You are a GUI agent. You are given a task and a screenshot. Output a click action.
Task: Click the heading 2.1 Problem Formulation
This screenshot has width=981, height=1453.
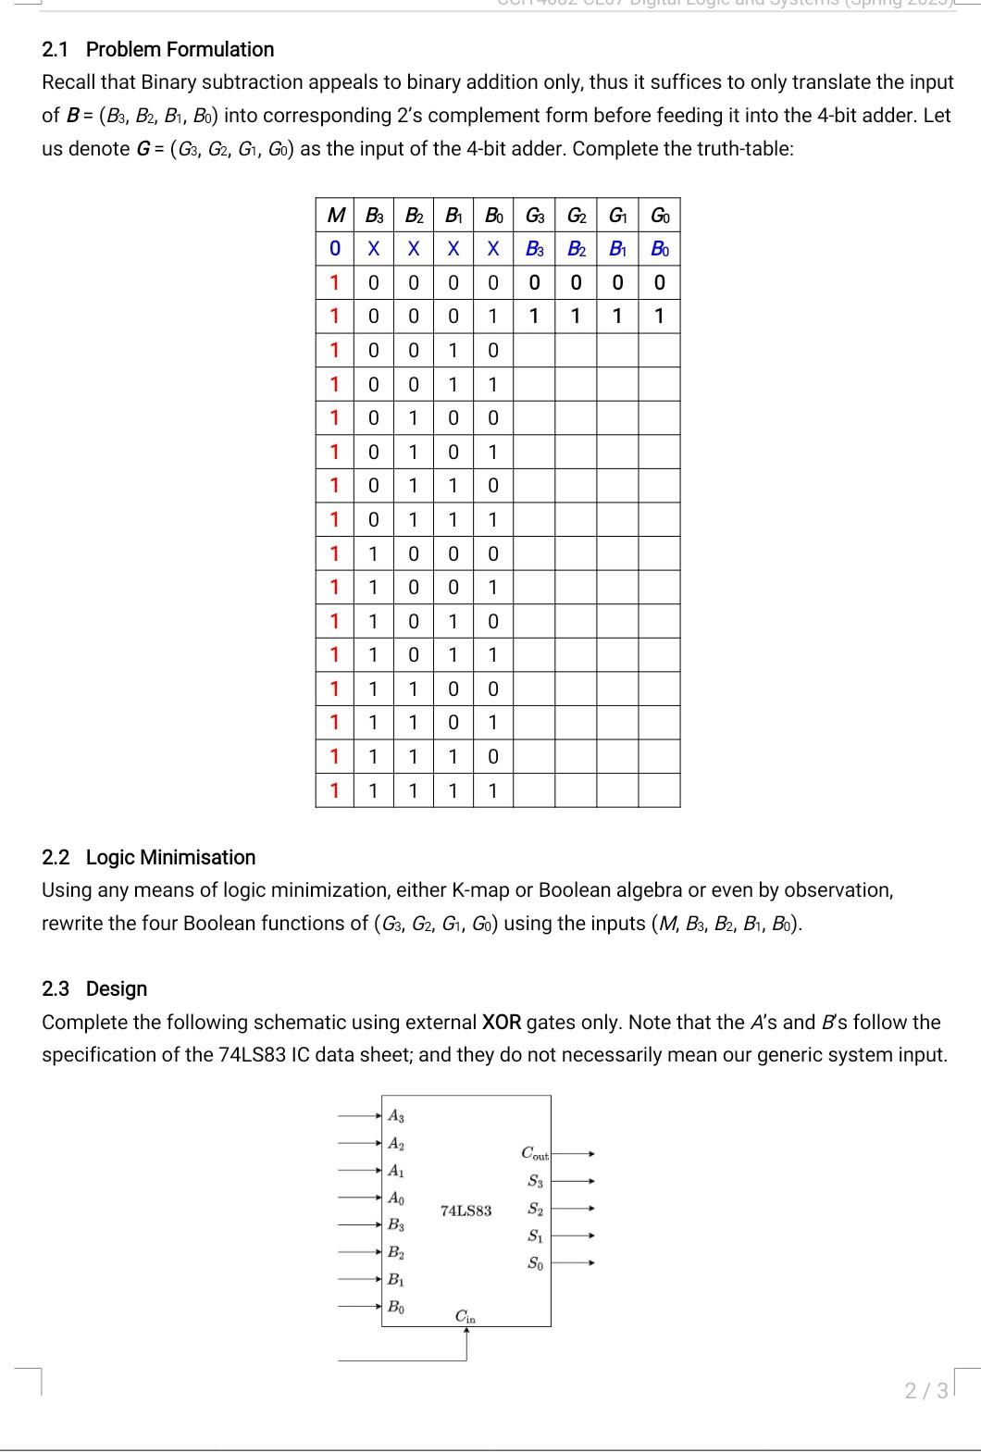click(157, 49)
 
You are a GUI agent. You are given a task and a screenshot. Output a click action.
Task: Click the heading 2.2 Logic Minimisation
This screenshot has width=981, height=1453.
click(148, 857)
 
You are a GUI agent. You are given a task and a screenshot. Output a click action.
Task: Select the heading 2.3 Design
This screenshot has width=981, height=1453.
click(94, 988)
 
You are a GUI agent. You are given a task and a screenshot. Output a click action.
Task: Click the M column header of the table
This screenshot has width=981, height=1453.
click(334, 216)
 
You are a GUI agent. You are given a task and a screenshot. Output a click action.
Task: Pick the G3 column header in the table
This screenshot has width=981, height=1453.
click(535, 216)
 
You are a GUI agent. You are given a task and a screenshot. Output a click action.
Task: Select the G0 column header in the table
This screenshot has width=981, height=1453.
click(660, 216)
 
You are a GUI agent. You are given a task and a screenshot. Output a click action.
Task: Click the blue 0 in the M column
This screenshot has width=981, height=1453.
click(334, 249)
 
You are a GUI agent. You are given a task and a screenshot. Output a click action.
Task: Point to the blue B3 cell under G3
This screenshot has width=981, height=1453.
click(535, 249)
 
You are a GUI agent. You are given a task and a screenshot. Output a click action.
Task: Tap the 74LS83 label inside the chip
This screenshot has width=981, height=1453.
click(466, 1210)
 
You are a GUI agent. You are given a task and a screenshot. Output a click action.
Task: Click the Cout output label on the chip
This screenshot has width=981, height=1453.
click(535, 1153)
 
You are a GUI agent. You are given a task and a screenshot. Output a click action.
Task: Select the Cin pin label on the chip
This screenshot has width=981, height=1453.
click(466, 1316)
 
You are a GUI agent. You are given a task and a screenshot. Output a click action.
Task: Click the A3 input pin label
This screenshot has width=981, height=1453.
click(395, 1116)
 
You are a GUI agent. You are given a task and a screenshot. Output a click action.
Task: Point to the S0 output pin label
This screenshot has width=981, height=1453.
click(535, 1262)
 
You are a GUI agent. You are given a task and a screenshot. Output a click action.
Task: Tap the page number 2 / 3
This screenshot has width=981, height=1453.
click(926, 1390)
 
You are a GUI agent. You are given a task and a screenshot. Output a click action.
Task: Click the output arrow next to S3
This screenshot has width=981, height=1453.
click(574, 1181)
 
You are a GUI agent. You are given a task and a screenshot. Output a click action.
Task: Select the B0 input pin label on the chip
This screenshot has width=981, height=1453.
click(395, 1307)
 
